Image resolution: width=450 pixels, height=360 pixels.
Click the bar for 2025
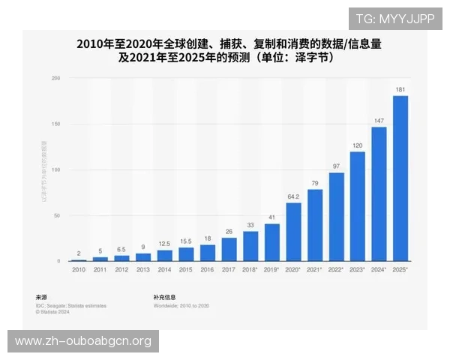tap(400, 178)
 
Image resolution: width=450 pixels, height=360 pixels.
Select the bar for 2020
tap(293, 232)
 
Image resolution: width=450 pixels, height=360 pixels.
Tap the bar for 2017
tap(229, 249)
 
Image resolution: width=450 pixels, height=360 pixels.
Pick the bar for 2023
tap(358, 206)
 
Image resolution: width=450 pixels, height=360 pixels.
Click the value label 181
tap(400, 89)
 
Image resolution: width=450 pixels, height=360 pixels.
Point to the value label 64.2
tap(293, 196)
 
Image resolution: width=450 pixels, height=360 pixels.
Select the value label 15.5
tap(186, 241)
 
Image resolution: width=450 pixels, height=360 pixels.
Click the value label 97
tap(336, 166)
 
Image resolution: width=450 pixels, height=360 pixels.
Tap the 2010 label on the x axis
tap(78, 268)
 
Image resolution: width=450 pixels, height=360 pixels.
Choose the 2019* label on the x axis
tap(272, 268)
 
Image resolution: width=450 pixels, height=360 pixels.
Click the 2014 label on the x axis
tap(164, 268)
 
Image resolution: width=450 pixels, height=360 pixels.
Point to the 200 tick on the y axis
tap(55, 78)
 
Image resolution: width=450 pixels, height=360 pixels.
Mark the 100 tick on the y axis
tap(55, 169)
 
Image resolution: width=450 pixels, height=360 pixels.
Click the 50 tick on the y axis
tap(57, 215)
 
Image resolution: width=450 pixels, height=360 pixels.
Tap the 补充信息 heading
tap(165, 296)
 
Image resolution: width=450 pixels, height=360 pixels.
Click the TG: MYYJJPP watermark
tap(395, 18)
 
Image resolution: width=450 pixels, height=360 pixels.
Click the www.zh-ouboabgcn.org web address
tap(83, 341)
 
